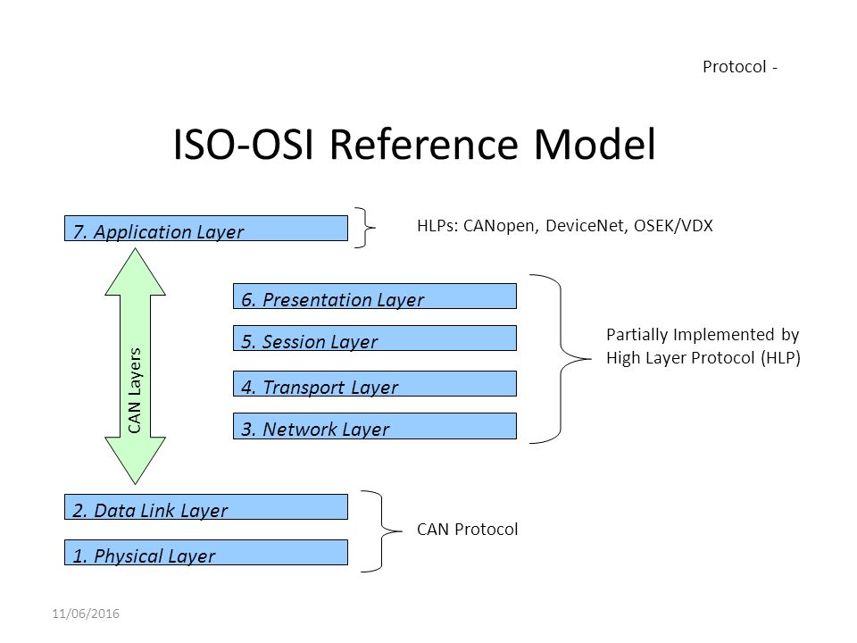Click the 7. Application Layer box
[x=206, y=228]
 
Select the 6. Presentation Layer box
[x=375, y=296]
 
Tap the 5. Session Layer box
[x=375, y=338]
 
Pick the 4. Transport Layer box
[x=375, y=383]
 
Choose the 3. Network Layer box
[x=375, y=425]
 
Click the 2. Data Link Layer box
[x=206, y=507]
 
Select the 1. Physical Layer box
[x=206, y=552]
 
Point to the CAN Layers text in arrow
[x=135, y=390]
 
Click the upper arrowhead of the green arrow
[x=135, y=271]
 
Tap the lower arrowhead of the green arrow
[x=135, y=461]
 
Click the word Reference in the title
[x=423, y=145]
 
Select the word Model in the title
[x=595, y=145]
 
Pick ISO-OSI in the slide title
[x=244, y=145]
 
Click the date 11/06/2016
[x=86, y=614]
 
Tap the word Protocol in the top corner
[x=734, y=67]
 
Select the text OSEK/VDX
[x=673, y=226]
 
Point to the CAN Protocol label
[x=467, y=530]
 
